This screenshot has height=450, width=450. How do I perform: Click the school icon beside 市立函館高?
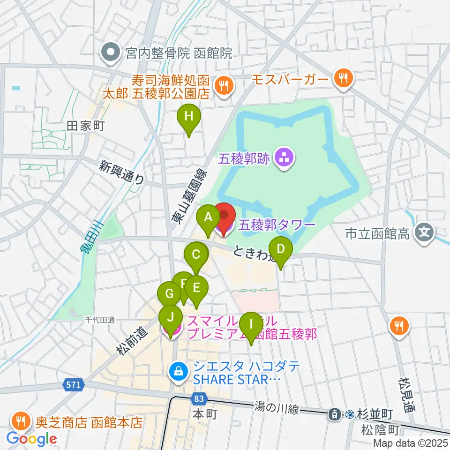tap(425, 232)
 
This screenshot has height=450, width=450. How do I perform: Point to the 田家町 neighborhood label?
tap(85, 126)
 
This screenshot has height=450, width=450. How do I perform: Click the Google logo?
tap(31, 438)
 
